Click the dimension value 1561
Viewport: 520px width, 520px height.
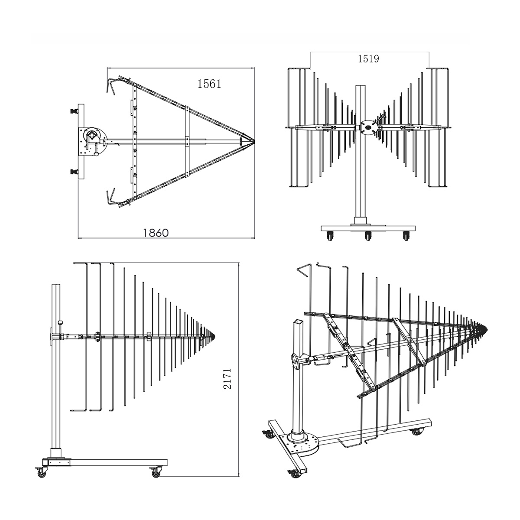point(209,84)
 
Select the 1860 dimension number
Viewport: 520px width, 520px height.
point(156,232)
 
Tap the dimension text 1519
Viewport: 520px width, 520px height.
point(368,58)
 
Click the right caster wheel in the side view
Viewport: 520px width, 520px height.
point(156,473)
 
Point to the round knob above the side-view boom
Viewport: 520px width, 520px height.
point(60,323)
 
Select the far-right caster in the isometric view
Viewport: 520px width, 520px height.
point(419,432)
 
